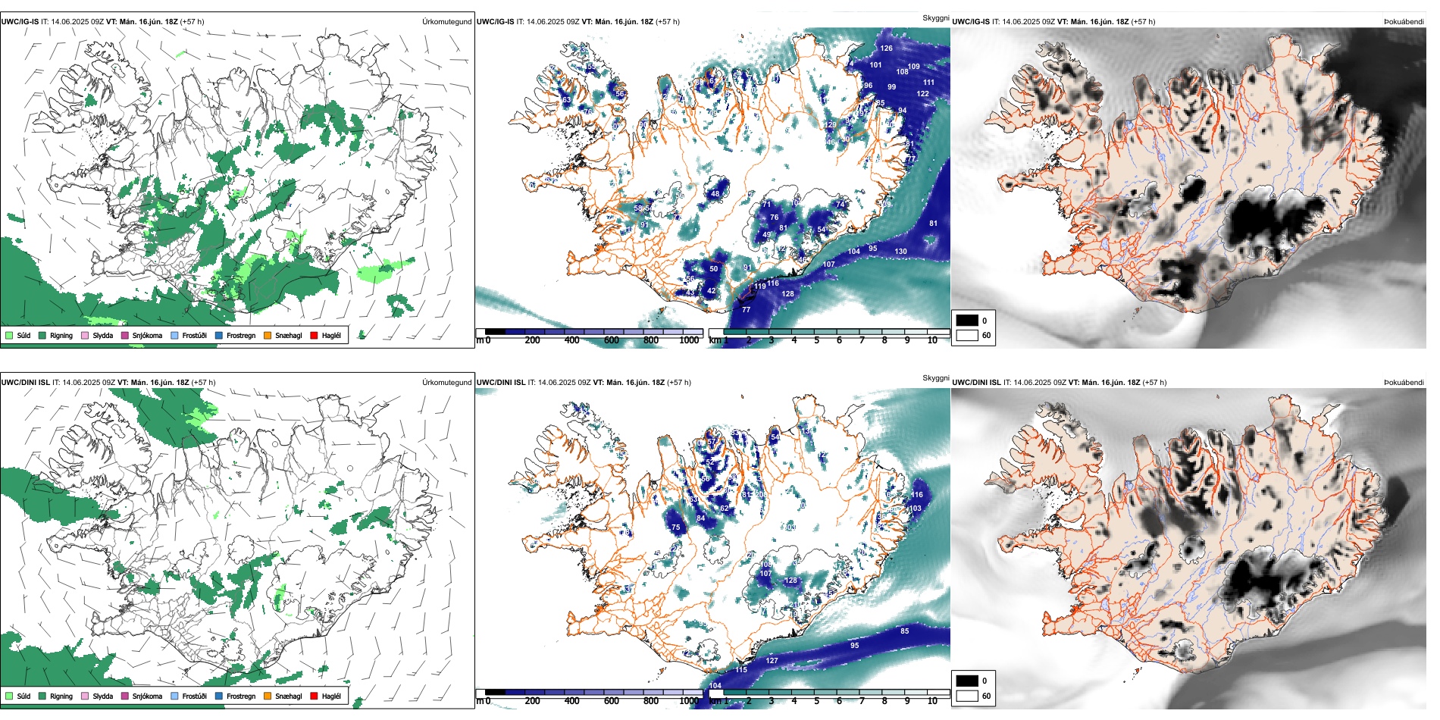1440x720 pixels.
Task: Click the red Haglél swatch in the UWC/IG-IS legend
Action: coord(314,335)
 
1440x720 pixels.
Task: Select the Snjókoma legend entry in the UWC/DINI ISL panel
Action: coord(147,696)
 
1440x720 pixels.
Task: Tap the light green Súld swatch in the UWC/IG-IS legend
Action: coord(9,335)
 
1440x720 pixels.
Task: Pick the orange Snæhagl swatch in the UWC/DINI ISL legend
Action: coord(268,696)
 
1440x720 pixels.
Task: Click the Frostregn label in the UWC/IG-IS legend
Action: coord(240,335)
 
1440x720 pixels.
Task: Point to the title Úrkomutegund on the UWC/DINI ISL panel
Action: coord(446,382)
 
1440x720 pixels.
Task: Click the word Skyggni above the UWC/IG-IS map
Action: coord(935,18)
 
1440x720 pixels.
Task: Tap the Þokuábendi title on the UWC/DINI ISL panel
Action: coord(1404,382)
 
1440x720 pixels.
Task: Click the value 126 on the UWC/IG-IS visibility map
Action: coord(886,48)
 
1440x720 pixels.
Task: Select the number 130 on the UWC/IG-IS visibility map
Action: coord(900,251)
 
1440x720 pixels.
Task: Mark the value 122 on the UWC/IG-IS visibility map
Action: coord(922,94)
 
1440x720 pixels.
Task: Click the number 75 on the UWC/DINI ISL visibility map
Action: coord(675,527)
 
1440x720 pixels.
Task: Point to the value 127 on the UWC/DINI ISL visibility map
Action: coord(772,660)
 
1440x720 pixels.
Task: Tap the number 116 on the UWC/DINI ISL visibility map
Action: coord(916,494)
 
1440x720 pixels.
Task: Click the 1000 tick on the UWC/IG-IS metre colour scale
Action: coord(689,340)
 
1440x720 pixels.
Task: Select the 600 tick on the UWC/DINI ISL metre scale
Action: coord(612,701)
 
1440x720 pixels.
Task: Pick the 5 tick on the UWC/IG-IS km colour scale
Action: coord(816,340)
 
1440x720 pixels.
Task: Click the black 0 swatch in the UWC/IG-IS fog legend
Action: coord(967,321)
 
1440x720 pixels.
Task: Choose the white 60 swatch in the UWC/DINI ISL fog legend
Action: coord(967,696)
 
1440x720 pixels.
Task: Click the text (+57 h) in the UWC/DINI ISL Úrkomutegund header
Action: coord(204,382)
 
